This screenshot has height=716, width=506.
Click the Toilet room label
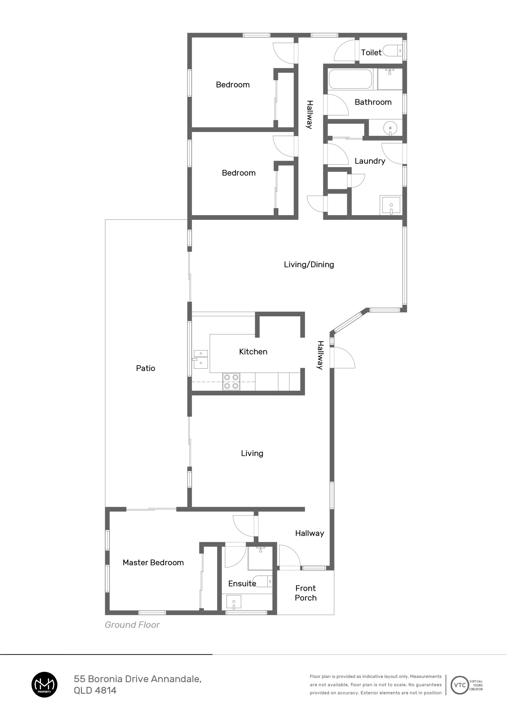[371, 52]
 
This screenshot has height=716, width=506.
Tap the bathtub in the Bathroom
[350, 79]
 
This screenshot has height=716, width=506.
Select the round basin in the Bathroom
[390, 128]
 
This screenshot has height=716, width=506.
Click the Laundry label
[370, 161]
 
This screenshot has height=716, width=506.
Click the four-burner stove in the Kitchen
[231, 382]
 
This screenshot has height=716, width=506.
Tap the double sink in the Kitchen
[201, 359]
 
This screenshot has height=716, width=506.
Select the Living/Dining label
[309, 265]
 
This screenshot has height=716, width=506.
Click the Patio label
[145, 368]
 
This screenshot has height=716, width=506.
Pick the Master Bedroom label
[153, 562]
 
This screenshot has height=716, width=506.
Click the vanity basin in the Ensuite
[233, 602]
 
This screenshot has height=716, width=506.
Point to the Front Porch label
[306, 593]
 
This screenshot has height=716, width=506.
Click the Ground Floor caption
[132, 625]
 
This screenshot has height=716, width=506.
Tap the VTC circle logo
[460, 685]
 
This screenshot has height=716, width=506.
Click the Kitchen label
[253, 352]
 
